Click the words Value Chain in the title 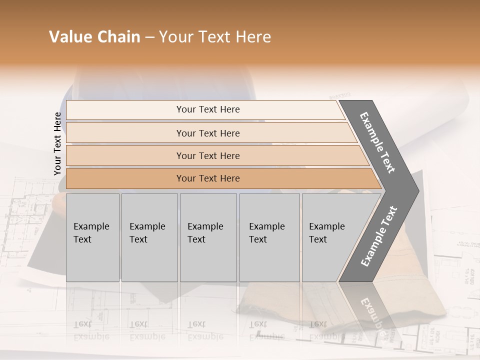[x=94, y=37]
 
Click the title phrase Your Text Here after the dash [x=214, y=37]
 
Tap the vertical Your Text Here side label [x=57, y=143]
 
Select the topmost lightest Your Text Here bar [x=207, y=109]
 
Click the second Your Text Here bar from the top [x=207, y=133]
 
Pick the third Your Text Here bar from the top [x=207, y=155]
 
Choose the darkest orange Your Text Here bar [x=207, y=178]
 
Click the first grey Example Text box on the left [x=92, y=237]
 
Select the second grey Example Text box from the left [x=149, y=237]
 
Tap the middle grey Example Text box [x=208, y=237]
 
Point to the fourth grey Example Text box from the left [x=269, y=237]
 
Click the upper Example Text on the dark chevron [x=377, y=142]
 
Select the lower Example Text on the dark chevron [x=379, y=236]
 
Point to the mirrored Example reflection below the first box [x=91, y=330]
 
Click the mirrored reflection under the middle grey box [x=205, y=330]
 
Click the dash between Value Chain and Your [x=149, y=37]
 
